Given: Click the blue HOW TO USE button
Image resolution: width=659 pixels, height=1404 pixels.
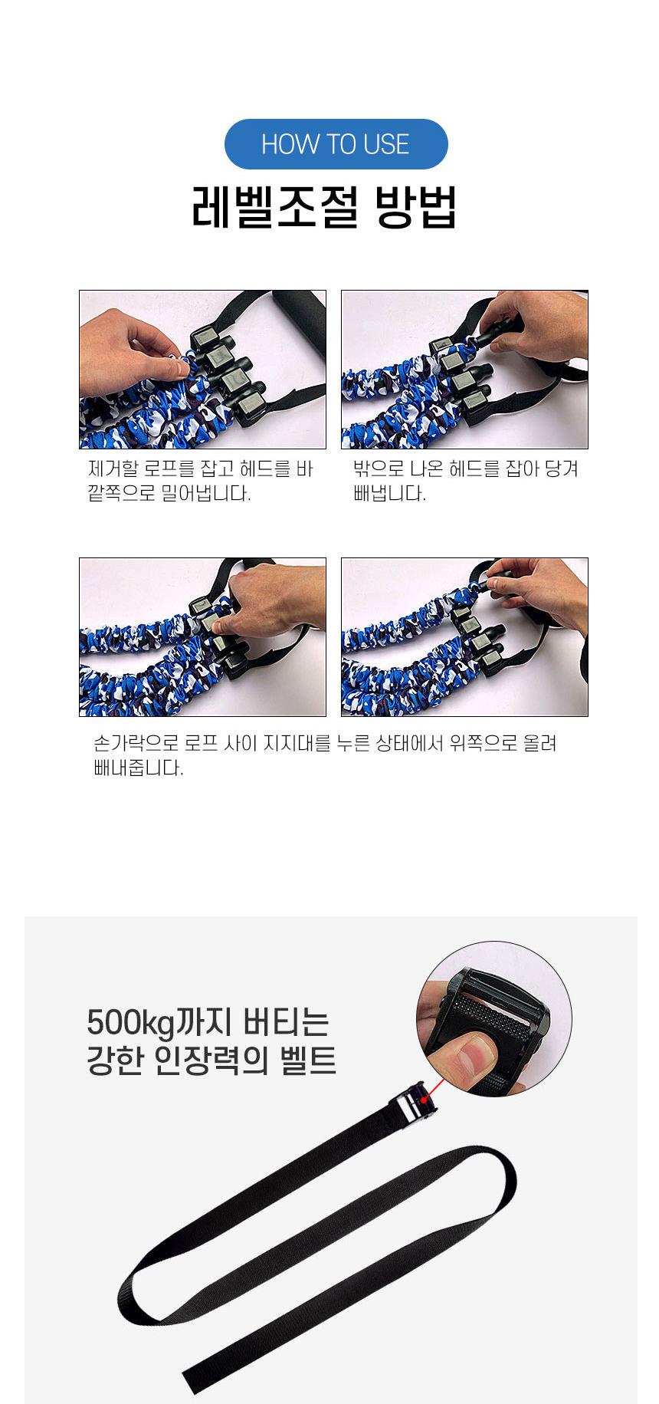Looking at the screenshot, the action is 336,144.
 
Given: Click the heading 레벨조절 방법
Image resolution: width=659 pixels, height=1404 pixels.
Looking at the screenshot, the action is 324,207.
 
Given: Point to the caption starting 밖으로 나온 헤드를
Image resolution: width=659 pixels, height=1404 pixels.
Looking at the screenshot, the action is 466,481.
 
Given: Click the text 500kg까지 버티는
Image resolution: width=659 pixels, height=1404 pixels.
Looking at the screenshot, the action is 208,1024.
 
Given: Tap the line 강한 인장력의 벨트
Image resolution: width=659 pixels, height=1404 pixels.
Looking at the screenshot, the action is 211,1061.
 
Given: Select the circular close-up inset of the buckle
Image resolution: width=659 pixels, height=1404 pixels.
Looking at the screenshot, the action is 494,1021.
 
